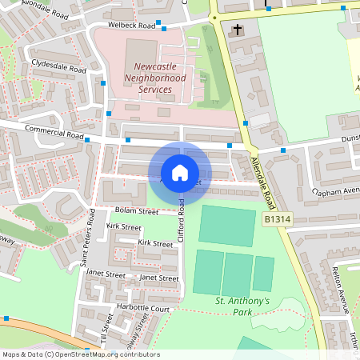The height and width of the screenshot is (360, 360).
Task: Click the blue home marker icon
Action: [180, 172]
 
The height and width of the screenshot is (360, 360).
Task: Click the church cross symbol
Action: [237, 30]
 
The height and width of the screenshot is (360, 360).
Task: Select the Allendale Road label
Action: [262, 179]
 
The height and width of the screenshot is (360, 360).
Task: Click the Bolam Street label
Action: [137, 211]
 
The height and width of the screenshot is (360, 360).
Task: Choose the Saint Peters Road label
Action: [86, 248]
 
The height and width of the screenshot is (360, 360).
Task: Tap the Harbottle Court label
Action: [145, 308]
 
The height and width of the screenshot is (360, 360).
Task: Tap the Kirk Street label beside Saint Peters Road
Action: [123, 228]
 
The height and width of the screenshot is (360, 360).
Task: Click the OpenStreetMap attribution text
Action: [81, 354]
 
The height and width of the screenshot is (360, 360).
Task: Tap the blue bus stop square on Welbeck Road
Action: [158, 22]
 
